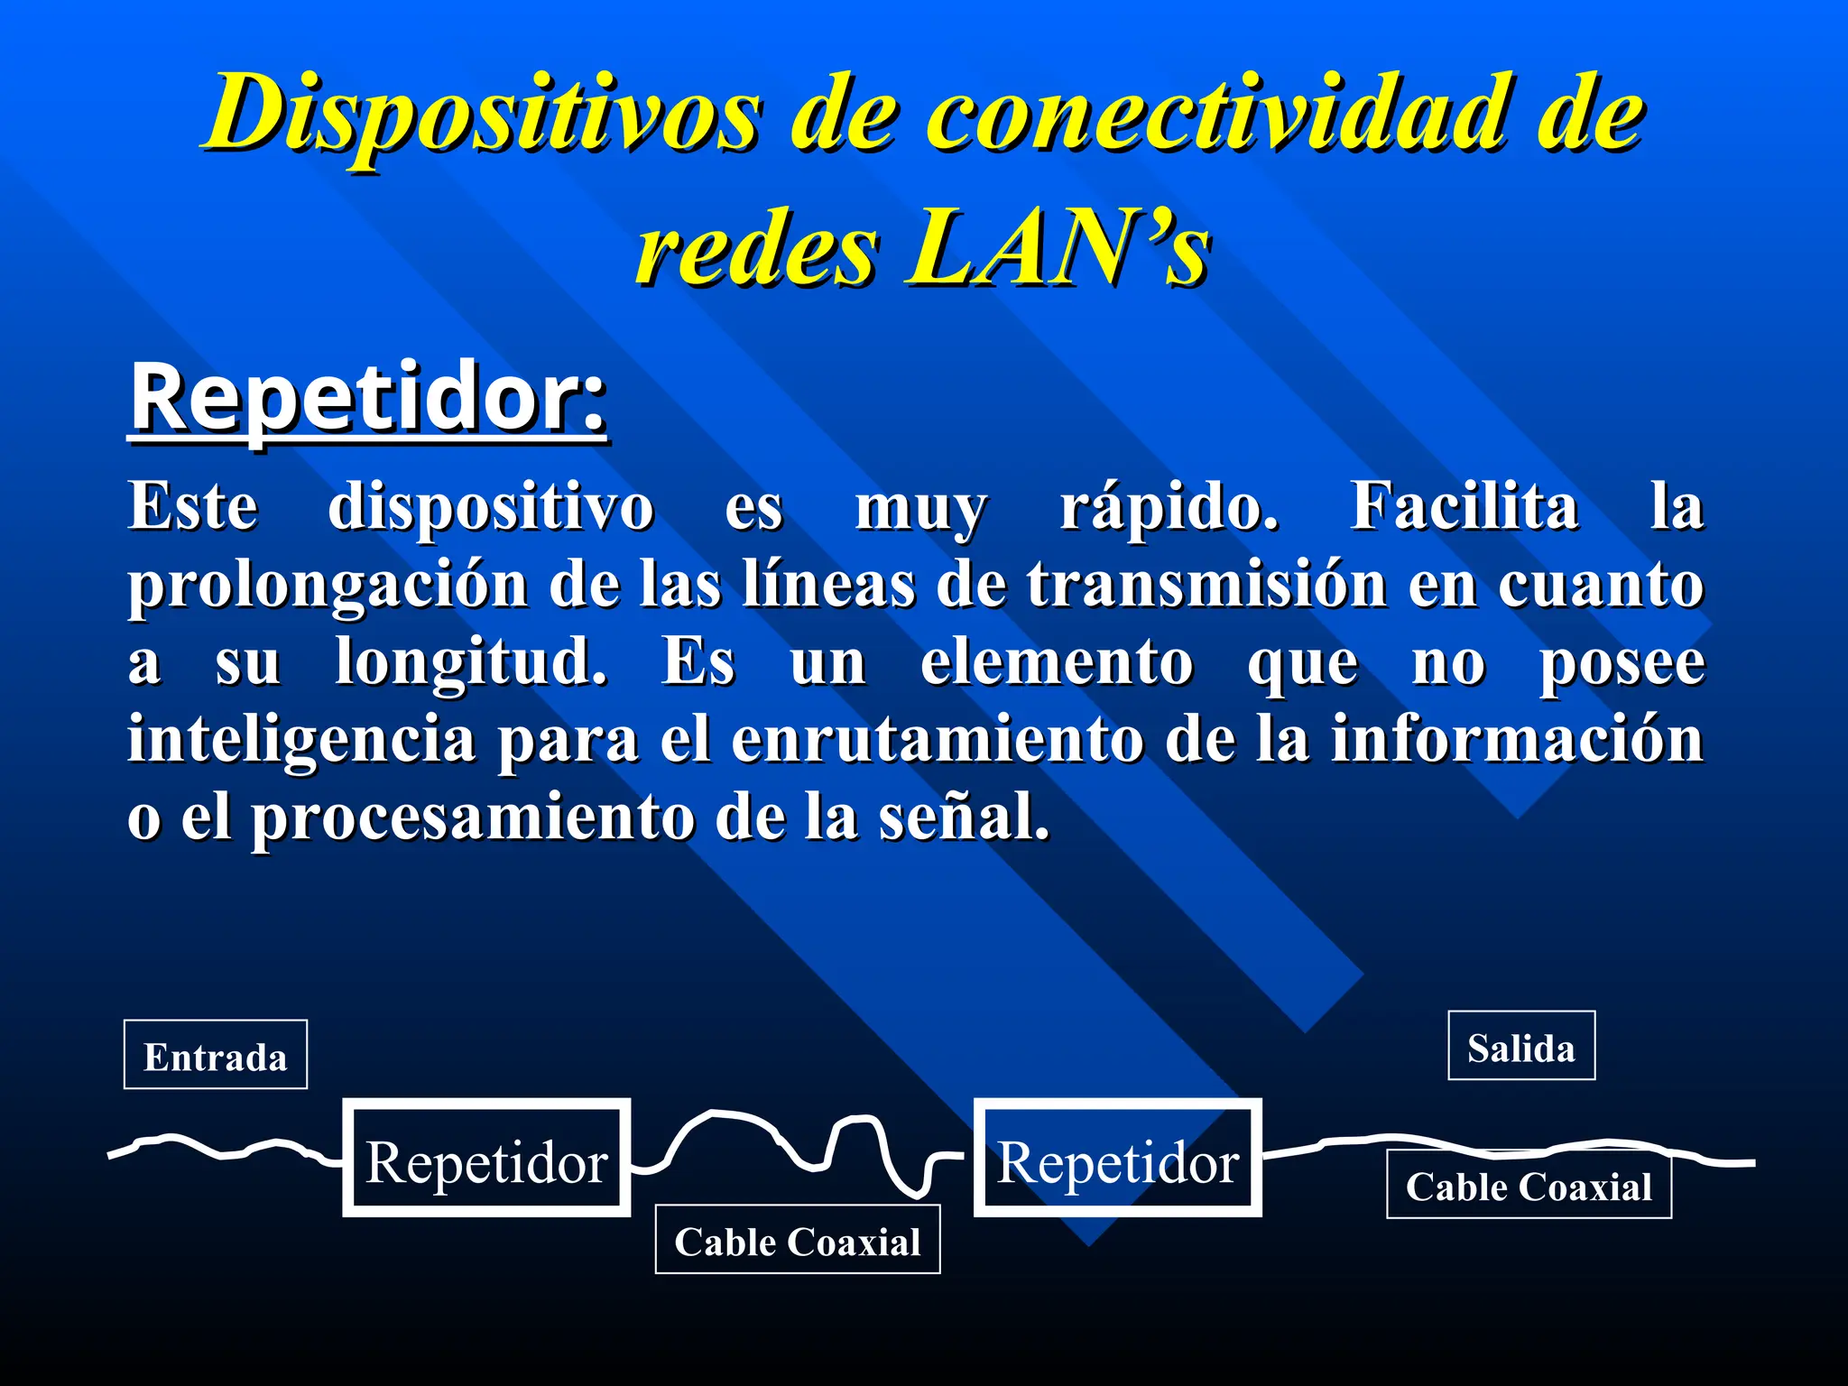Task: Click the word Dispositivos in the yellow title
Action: pyautogui.click(x=484, y=115)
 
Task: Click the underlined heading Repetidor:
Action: pyautogui.click(x=368, y=399)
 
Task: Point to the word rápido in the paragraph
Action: pyautogui.click(x=1169, y=507)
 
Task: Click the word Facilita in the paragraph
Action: pyautogui.click(x=1464, y=507)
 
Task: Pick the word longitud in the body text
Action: pyautogui.click(x=470, y=663)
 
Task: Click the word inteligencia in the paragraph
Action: pyautogui.click(x=301, y=740)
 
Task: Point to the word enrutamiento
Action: pyautogui.click(x=937, y=740)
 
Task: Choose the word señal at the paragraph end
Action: pyautogui.click(x=964, y=818)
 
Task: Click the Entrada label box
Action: pyautogui.click(x=216, y=1056)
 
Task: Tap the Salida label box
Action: pyautogui.click(x=1521, y=1047)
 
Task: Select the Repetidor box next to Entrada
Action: pyautogui.click(x=486, y=1160)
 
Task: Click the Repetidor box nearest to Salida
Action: pyautogui.click(x=1117, y=1160)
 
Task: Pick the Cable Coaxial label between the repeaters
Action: pyautogui.click(x=798, y=1241)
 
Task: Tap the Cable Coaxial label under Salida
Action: pyautogui.click(x=1529, y=1186)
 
